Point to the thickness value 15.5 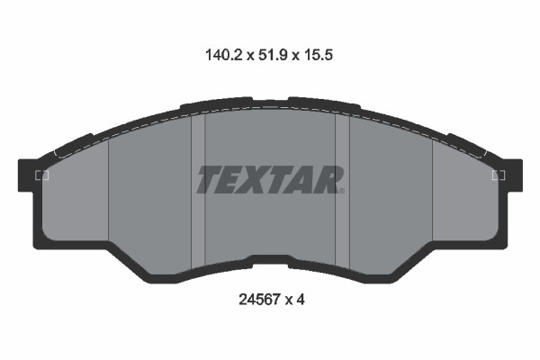[322, 55]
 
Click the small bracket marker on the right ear [498, 175]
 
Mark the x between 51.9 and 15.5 [296, 56]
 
